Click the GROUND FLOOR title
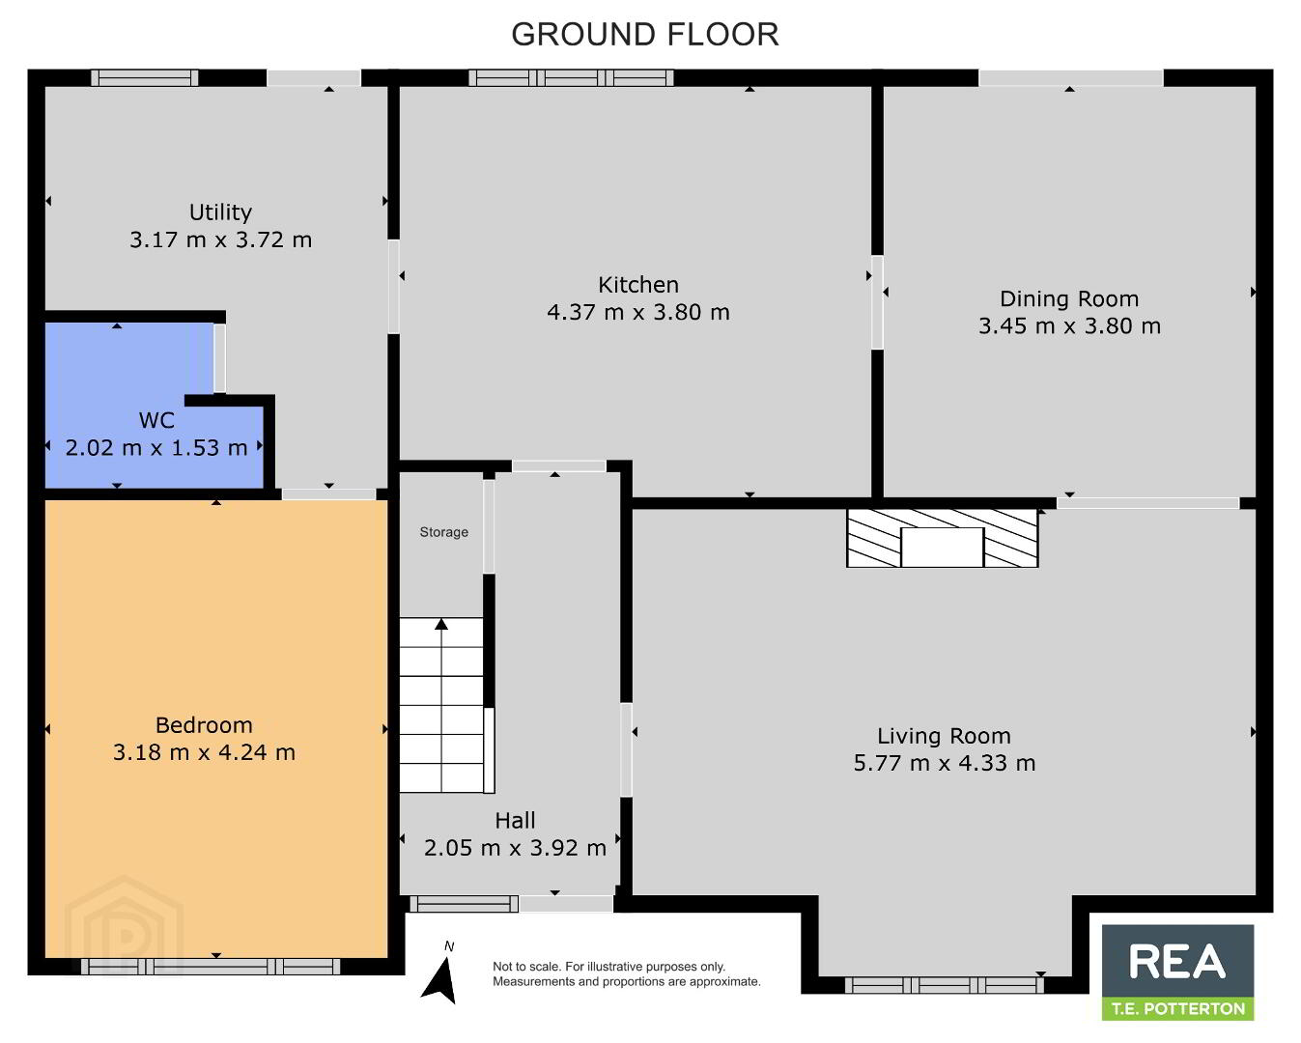coord(645,35)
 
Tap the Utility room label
coord(220,212)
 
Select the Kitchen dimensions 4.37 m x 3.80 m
coord(638,312)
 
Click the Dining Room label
coord(1069,298)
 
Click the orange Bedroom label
coord(204,725)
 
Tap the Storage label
coord(443,532)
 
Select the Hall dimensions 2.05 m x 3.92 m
coord(515,848)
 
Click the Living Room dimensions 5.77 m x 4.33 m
coord(945,763)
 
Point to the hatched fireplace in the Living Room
coord(942,538)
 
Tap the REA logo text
coord(1176,961)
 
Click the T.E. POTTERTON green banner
coord(1177,1008)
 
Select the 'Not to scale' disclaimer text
coord(626,974)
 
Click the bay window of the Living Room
coord(945,986)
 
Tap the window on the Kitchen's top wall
coord(571,77)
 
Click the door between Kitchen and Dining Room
coord(877,302)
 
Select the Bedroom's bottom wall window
coord(211,966)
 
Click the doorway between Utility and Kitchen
coord(393,286)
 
